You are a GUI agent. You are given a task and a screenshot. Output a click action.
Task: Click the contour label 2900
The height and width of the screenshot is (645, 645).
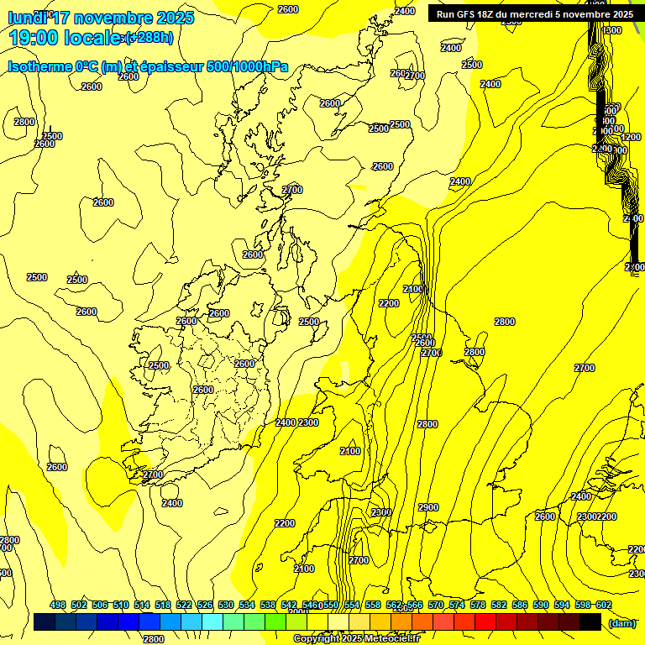point(427,507)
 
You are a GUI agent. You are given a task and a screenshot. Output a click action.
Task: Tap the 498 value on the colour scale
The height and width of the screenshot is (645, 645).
point(58,605)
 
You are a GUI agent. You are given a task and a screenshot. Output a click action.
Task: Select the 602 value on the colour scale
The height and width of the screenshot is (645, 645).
point(603,605)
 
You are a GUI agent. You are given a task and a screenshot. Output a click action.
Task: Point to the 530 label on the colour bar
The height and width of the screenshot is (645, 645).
point(226,605)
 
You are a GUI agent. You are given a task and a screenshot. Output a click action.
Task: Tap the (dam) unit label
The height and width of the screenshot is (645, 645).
point(621,622)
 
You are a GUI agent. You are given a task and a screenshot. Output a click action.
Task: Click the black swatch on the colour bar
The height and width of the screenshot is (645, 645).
point(590,622)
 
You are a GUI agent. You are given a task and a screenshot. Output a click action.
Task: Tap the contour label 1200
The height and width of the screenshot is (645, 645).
point(631,137)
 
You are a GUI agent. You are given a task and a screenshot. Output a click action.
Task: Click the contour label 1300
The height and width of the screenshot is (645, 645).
point(611,30)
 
